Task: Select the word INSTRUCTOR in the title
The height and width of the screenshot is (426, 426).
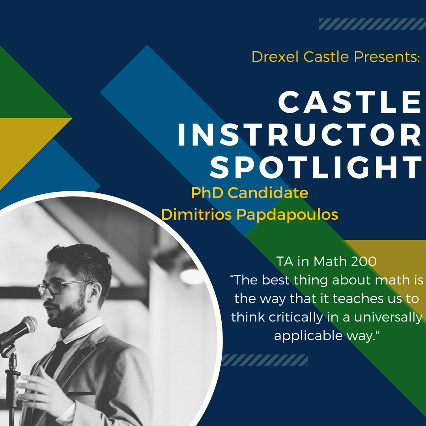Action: [299, 135]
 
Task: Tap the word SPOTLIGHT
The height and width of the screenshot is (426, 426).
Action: [316, 168]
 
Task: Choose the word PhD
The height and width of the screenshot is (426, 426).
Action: [207, 192]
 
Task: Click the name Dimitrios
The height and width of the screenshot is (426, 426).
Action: [196, 214]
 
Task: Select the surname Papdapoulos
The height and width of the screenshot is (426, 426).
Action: [287, 215]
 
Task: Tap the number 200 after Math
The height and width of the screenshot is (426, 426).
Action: [364, 262]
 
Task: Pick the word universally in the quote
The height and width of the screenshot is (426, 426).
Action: [388, 317]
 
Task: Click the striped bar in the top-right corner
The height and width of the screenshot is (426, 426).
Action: [372, 24]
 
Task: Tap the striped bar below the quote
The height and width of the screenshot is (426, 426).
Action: [265, 360]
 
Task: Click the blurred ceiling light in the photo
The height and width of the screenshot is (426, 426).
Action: [192, 276]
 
